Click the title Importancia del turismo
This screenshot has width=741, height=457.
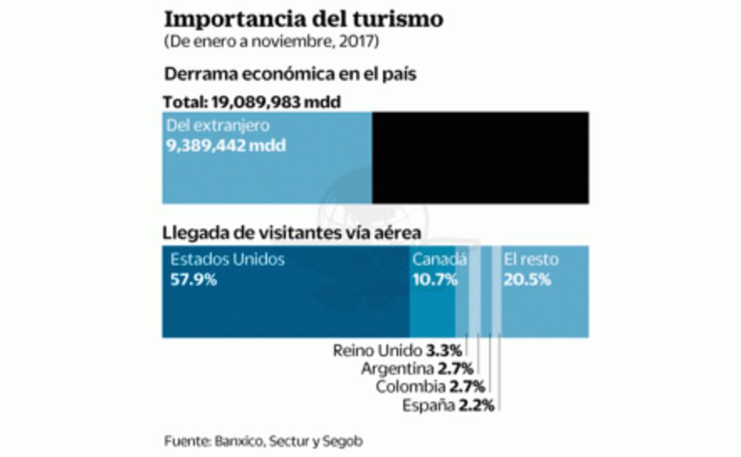[303, 18]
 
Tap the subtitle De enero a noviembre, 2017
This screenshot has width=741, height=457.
[271, 42]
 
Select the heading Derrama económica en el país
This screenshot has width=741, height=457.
[291, 75]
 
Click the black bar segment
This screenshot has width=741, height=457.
[480, 158]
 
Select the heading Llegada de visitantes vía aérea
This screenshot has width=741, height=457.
[292, 234]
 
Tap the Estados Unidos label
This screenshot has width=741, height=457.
[227, 259]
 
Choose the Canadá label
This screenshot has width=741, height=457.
[439, 259]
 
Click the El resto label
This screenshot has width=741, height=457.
[531, 259]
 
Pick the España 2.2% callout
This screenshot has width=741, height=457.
[448, 405]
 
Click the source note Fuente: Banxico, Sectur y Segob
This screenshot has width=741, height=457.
[263, 441]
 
